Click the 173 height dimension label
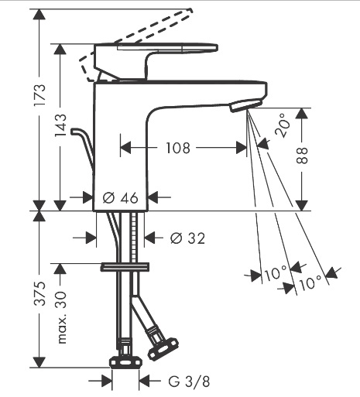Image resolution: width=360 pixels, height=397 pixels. tap(40, 94)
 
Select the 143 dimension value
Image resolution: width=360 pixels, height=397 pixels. tap(60, 125)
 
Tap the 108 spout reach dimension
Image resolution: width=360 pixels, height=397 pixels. tap(178, 148)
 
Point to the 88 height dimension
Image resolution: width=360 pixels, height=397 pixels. tap(302, 156)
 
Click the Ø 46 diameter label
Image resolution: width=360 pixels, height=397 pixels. tap(121, 198)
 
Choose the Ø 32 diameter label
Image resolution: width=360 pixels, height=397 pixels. tap(187, 238)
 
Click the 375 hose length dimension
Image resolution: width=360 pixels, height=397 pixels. tap(40, 293)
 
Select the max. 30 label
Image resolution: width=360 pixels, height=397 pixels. tap(61, 318)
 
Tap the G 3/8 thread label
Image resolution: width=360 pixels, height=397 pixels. tap(189, 382)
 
